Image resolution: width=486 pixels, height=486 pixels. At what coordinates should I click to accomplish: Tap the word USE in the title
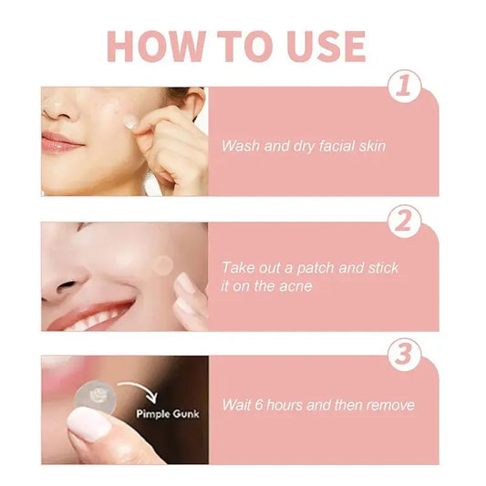coord(321,47)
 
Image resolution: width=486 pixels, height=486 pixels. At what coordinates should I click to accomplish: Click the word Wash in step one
coord(240,146)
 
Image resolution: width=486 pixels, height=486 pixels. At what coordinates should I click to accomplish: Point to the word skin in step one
coord(368,146)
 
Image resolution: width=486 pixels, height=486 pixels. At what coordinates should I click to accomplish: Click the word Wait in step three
coord(238,404)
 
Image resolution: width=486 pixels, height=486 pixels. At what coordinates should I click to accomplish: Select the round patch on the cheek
coord(162,265)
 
